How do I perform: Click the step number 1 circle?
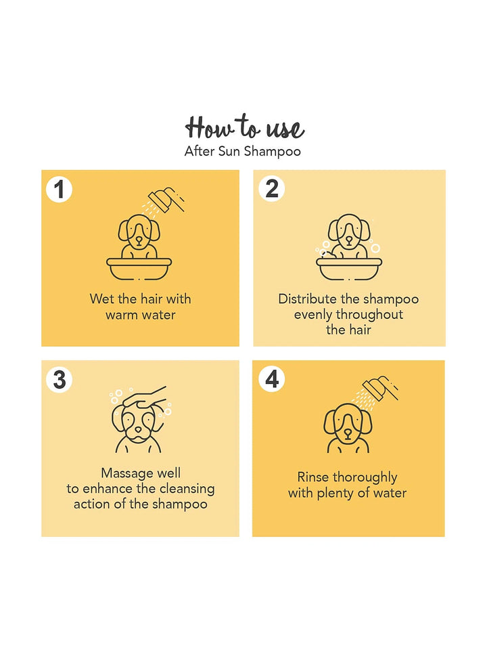pos(60,190)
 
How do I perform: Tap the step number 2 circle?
pos(272,189)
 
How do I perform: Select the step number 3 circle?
pos(60,380)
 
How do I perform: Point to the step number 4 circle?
pos(272,379)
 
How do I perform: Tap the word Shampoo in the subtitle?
pos(272,152)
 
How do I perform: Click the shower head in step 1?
pos(166,200)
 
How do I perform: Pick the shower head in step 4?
pos(379,388)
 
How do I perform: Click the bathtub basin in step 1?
pos(139,269)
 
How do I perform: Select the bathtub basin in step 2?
pos(349,269)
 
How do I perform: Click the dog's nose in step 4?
pos(348,433)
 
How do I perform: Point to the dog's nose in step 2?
pos(350,240)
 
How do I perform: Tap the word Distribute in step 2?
pos(307,299)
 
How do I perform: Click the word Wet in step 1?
pos(101,299)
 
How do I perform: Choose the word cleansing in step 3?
pos(187,489)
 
